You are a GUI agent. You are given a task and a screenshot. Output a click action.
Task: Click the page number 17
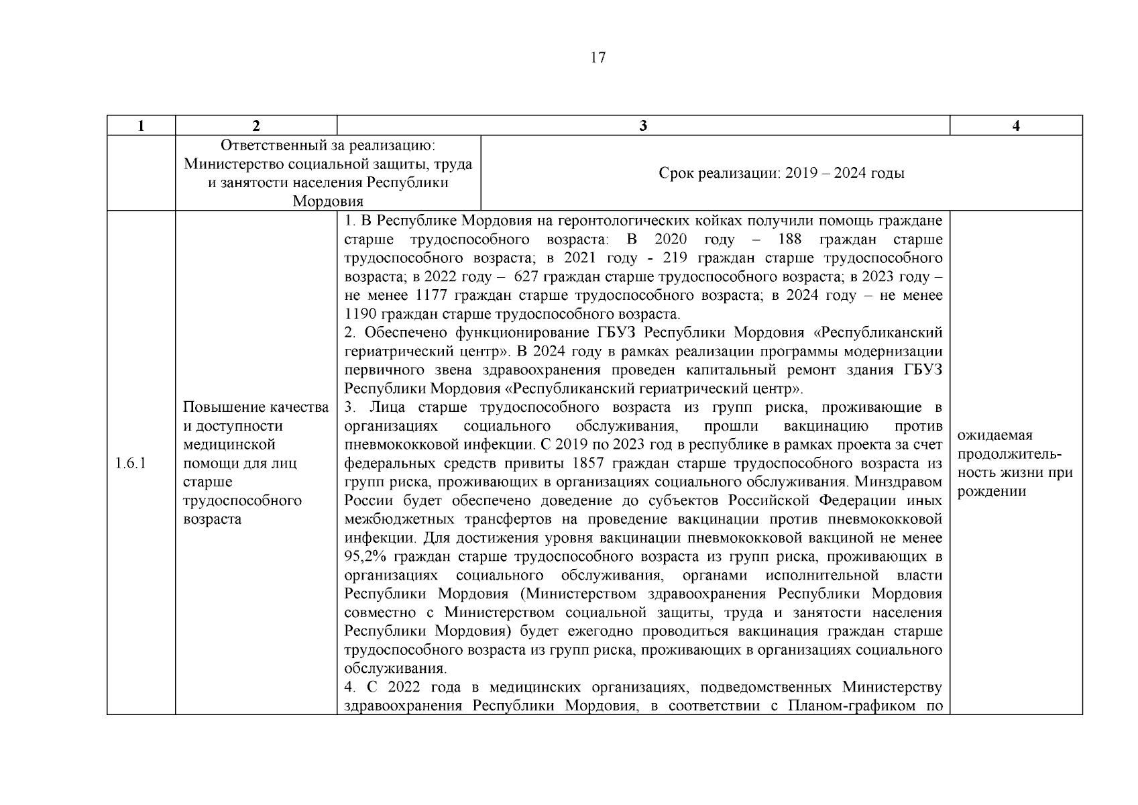[598, 58]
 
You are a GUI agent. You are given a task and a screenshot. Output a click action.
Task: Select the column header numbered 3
[643, 125]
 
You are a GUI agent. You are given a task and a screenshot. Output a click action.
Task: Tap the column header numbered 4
[1016, 125]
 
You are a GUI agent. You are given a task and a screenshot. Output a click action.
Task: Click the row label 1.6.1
[131, 463]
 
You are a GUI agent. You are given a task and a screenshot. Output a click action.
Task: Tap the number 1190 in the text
[360, 314]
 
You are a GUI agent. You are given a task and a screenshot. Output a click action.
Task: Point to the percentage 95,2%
[365, 557]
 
